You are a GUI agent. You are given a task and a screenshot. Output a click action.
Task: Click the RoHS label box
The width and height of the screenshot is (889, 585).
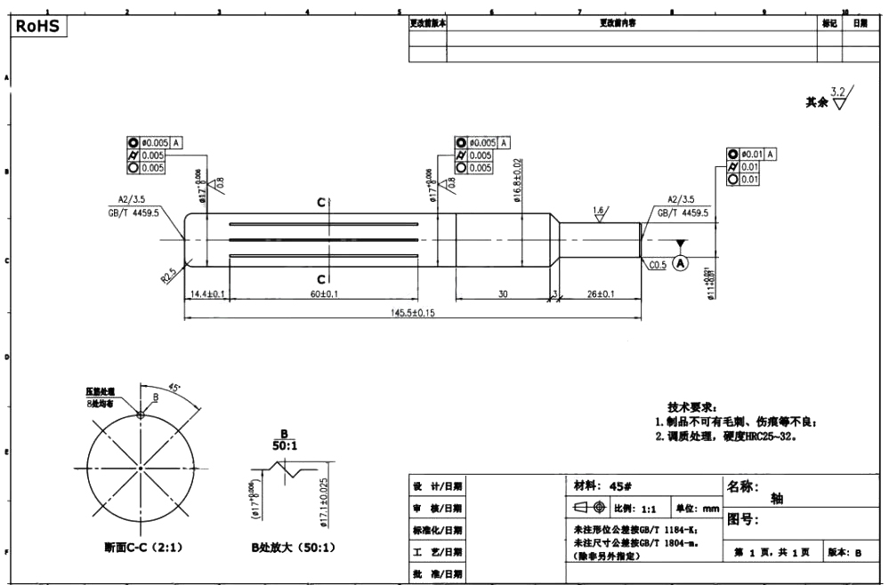(37, 26)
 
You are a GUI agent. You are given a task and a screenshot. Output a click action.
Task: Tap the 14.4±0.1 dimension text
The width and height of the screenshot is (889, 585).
(207, 294)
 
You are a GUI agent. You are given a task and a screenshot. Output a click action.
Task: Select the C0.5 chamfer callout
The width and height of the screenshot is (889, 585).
(658, 265)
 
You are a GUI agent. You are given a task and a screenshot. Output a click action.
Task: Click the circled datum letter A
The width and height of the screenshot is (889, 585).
(681, 263)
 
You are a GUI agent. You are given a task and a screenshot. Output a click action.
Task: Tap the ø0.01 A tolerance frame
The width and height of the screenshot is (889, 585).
(752, 154)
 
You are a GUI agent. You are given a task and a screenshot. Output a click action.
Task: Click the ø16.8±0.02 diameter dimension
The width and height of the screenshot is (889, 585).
(517, 181)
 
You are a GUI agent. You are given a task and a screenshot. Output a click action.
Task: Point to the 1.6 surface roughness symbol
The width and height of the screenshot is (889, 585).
(599, 212)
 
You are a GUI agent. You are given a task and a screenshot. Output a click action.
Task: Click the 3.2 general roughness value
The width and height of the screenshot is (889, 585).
(838, 92)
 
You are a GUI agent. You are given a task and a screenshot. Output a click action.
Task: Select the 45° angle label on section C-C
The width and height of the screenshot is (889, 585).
(174, 388)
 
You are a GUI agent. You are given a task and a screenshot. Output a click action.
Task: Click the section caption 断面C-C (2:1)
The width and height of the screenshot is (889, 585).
(142, 548)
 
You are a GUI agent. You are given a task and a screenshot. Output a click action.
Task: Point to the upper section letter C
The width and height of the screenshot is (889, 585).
(321, 203)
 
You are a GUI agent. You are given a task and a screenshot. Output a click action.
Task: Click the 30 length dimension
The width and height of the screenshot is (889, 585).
(503, 294)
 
